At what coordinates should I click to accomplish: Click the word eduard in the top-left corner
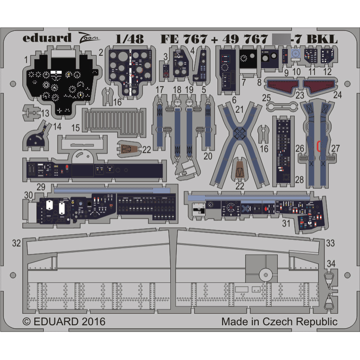point(47,38)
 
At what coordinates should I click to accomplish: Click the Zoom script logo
point(89,38)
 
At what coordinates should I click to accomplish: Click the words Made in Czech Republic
point(279,321)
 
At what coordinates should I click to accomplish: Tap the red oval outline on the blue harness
point(318,146)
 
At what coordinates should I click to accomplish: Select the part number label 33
point(330,242)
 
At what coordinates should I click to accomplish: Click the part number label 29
point(41,187)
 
